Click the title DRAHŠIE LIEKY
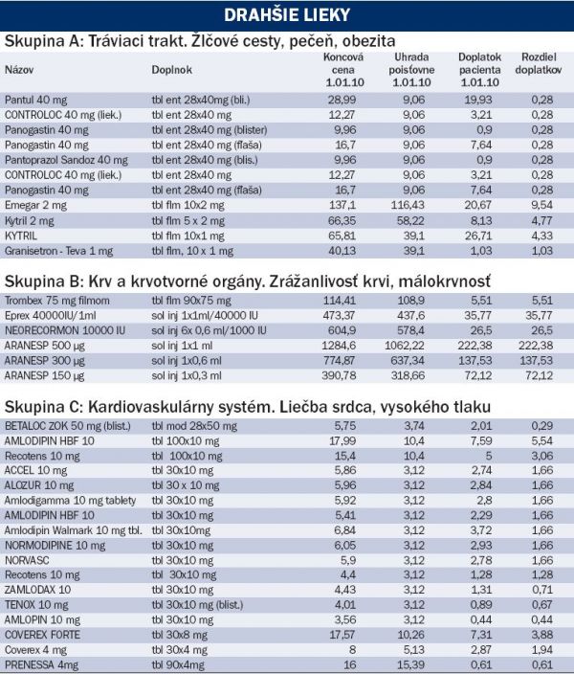287,15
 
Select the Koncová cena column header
343,70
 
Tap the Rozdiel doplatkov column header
539,63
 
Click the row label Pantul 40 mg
36,101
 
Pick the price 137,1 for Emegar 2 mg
342,205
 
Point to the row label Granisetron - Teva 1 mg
59,251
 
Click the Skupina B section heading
248,281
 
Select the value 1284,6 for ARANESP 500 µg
339,346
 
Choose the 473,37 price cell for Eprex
339,316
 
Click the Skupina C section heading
248,407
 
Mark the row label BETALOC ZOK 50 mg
68,426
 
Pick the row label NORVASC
27,560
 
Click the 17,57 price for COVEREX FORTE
342,635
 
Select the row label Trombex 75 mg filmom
57,301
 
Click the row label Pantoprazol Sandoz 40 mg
66,160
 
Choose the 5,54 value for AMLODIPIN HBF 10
542,441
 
